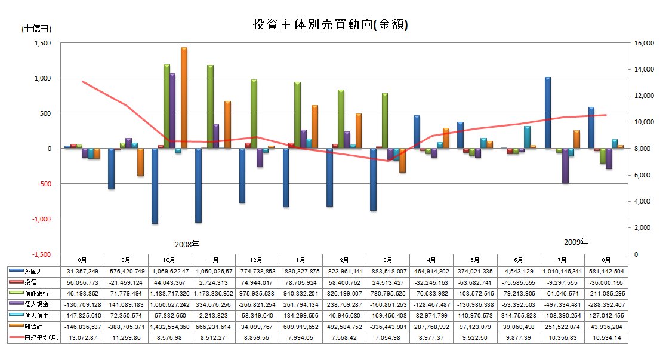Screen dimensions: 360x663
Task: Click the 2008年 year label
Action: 187,244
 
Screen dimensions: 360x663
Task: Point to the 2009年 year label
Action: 576,242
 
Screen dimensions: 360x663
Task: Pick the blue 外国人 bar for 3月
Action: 373,179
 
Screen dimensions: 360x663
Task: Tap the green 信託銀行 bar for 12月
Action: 254,113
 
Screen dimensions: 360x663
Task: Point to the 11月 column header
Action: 213,260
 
